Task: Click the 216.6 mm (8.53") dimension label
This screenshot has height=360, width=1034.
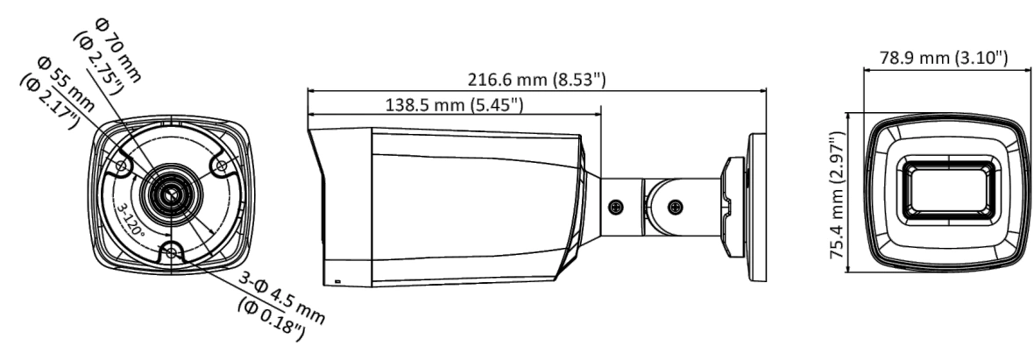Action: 536,80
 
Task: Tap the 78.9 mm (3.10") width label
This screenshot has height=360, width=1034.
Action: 944,58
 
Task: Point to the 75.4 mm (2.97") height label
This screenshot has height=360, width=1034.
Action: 838,194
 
